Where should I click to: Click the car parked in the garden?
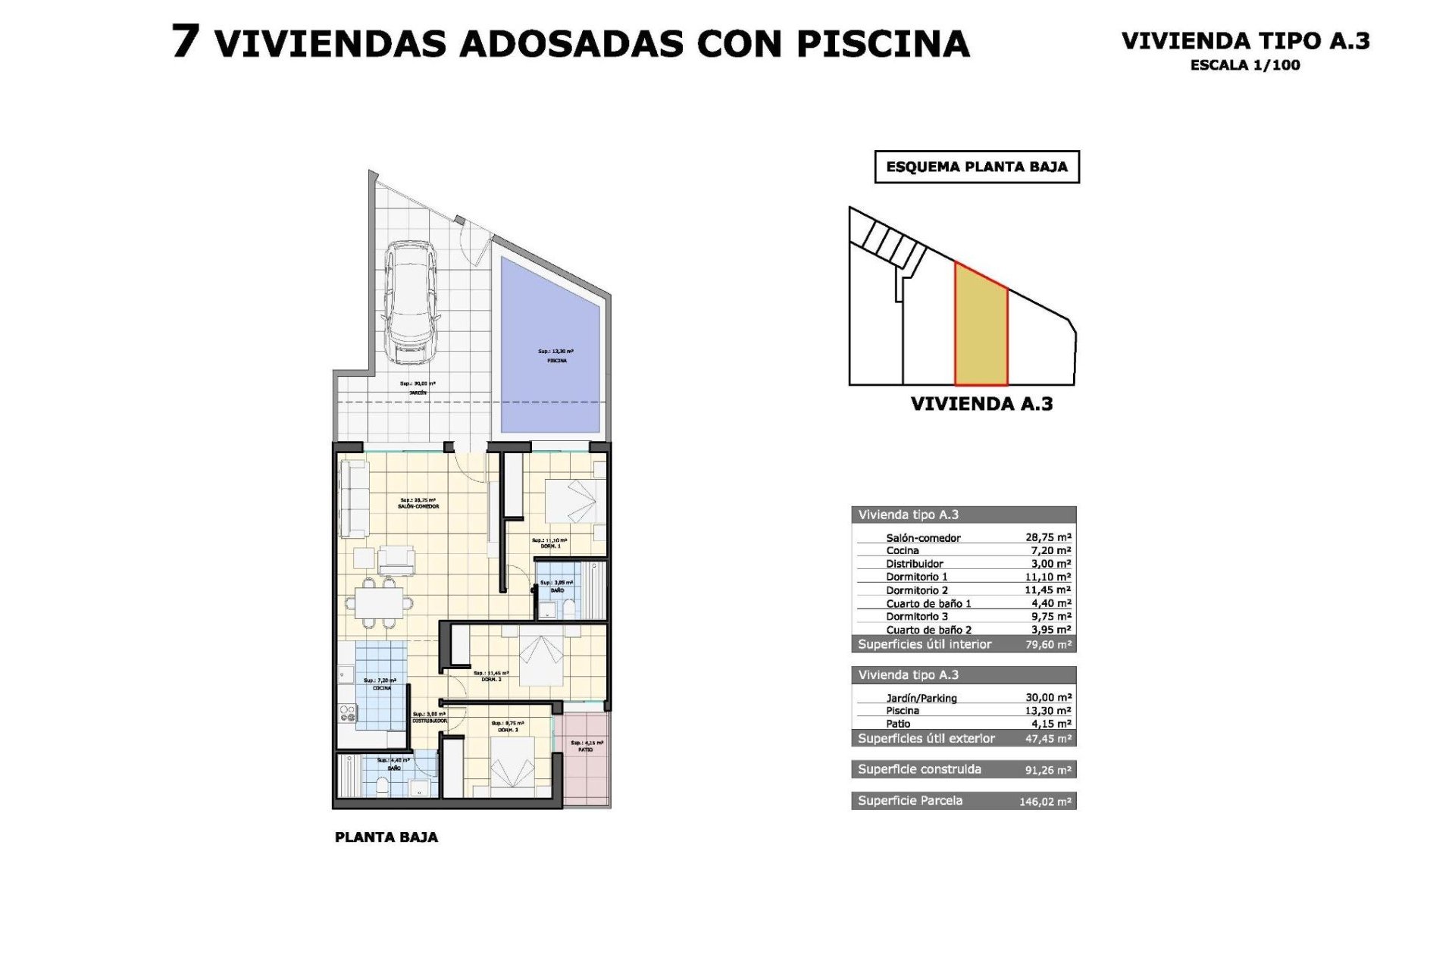411,303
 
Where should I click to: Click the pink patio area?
585,758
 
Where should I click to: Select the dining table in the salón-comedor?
380,603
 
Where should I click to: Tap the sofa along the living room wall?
354,499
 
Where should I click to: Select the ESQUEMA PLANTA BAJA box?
976,167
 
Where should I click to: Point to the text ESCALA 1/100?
1244,65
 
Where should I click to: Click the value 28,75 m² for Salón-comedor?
1048,537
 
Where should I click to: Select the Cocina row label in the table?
902,551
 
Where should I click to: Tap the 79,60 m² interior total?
1048,645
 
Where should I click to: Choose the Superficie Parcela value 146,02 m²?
1045,802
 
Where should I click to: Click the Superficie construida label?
919,769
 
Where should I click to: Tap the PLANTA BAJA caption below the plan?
386,837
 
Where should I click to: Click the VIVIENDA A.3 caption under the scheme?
981,404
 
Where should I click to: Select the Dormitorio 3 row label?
917,617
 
